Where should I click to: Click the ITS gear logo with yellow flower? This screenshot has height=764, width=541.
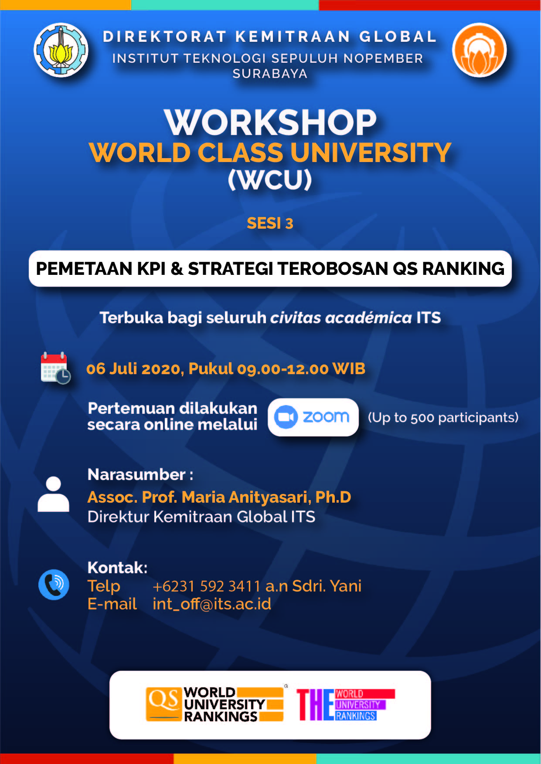click(x=61, y=50)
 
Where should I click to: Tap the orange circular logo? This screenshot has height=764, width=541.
click(x=480, y=50)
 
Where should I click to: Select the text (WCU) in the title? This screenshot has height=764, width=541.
click(x=270, y=179)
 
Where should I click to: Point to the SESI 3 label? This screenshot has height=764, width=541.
click(x=270, y=223)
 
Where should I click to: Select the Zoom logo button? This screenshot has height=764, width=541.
click(x=313, y=417)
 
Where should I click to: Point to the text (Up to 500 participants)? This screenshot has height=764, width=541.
click(x=443, y=418)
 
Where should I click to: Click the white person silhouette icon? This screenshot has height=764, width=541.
click(x=53, y=494)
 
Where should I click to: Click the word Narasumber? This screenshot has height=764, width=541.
click(x=136, y=474)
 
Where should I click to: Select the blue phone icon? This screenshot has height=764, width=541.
click(x=54, y=585)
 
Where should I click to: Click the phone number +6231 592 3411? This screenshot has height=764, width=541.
click(x=207, y=586)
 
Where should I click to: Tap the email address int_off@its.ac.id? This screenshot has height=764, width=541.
click(x=212, y=604)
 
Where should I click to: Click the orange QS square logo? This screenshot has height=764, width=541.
click(x=163, y=704)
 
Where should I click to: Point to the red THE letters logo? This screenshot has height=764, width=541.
click(x=315, y=705)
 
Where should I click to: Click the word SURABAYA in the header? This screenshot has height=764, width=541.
click(x=270, y=74)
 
